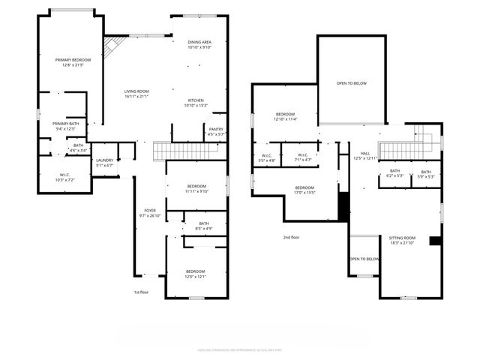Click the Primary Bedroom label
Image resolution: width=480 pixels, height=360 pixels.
pos(73,59)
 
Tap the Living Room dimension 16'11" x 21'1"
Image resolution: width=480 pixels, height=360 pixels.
pos(136,96)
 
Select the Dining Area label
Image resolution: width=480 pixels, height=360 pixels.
pos(199,42)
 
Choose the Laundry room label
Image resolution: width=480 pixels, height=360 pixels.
pos(104,160)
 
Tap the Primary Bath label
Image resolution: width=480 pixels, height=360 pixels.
pos(66,124)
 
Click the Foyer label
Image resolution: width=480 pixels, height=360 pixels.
pos(151,210)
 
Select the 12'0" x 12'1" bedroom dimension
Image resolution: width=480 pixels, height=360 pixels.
pos(196,277)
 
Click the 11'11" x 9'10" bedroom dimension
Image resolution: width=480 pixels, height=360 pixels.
pos(196,190)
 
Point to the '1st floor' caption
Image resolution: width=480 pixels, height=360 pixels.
pos(141,292)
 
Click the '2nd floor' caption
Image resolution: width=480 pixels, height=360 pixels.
pos(292,237)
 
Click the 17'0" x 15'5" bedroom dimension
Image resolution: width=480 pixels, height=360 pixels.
pos(304,193)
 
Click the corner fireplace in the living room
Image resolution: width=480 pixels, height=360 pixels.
pos(111,46)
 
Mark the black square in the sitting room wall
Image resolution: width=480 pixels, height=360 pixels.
pos(434,241)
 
